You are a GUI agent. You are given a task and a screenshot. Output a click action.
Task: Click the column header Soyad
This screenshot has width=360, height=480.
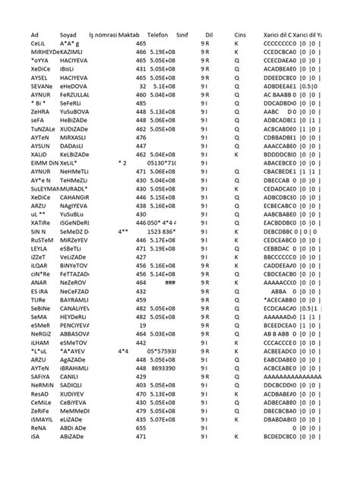[67, 36]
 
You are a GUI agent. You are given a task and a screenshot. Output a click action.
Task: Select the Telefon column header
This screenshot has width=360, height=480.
[156, 36]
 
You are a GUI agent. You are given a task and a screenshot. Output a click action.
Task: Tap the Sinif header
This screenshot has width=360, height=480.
[182, 36]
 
